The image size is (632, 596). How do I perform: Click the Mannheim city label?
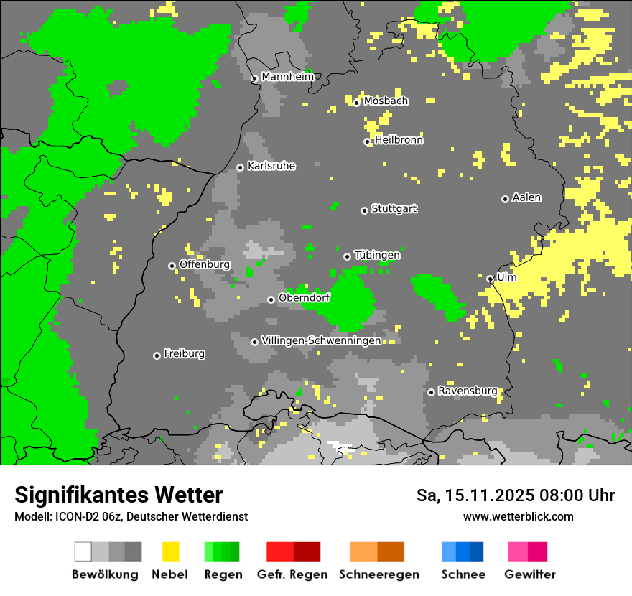tap(287, 77)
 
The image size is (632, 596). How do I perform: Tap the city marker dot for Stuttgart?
tap(364, 210)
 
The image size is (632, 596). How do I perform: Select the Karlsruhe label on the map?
tap(271, 166)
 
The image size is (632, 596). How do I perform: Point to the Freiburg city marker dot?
tap(157, 355)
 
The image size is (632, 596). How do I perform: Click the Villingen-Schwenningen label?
tap(321, 340)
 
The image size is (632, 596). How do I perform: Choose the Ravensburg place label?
tap(468, 391)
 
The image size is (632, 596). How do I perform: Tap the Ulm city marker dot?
tap(490, 279)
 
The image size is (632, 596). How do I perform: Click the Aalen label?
tap(526, 197)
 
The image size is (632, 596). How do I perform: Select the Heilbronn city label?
tap(399, 140)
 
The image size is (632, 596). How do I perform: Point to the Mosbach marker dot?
tap(356, 103)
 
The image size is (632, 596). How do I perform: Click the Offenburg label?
tap(204, 264)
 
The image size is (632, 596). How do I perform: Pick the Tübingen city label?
tap(377, 255)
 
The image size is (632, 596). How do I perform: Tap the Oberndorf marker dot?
tap(271, 299)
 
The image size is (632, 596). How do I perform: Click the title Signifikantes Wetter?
tap(118, 495)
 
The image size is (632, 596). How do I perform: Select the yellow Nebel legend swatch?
tap(170, 551)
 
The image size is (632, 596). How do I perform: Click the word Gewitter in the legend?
tap(529, 574)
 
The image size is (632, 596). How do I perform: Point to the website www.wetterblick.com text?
tap(518, 516)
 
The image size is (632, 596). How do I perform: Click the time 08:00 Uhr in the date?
tap(572, 495)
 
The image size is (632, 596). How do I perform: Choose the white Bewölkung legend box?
tap(83, 551)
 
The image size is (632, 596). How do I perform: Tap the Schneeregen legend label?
tap(378, 574)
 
